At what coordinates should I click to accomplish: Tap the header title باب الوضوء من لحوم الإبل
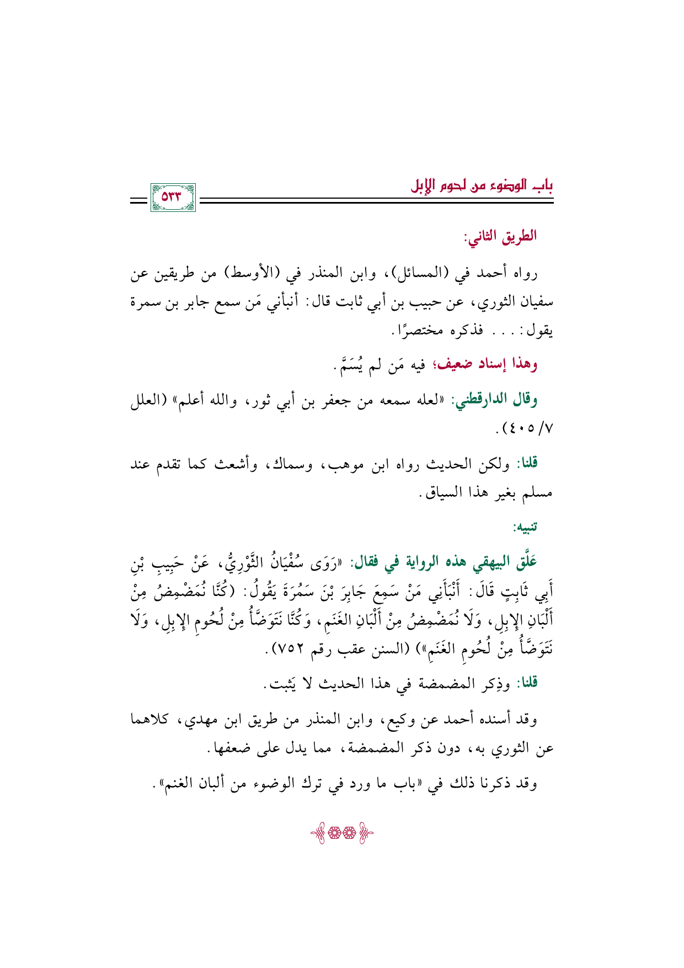(482, 184)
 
